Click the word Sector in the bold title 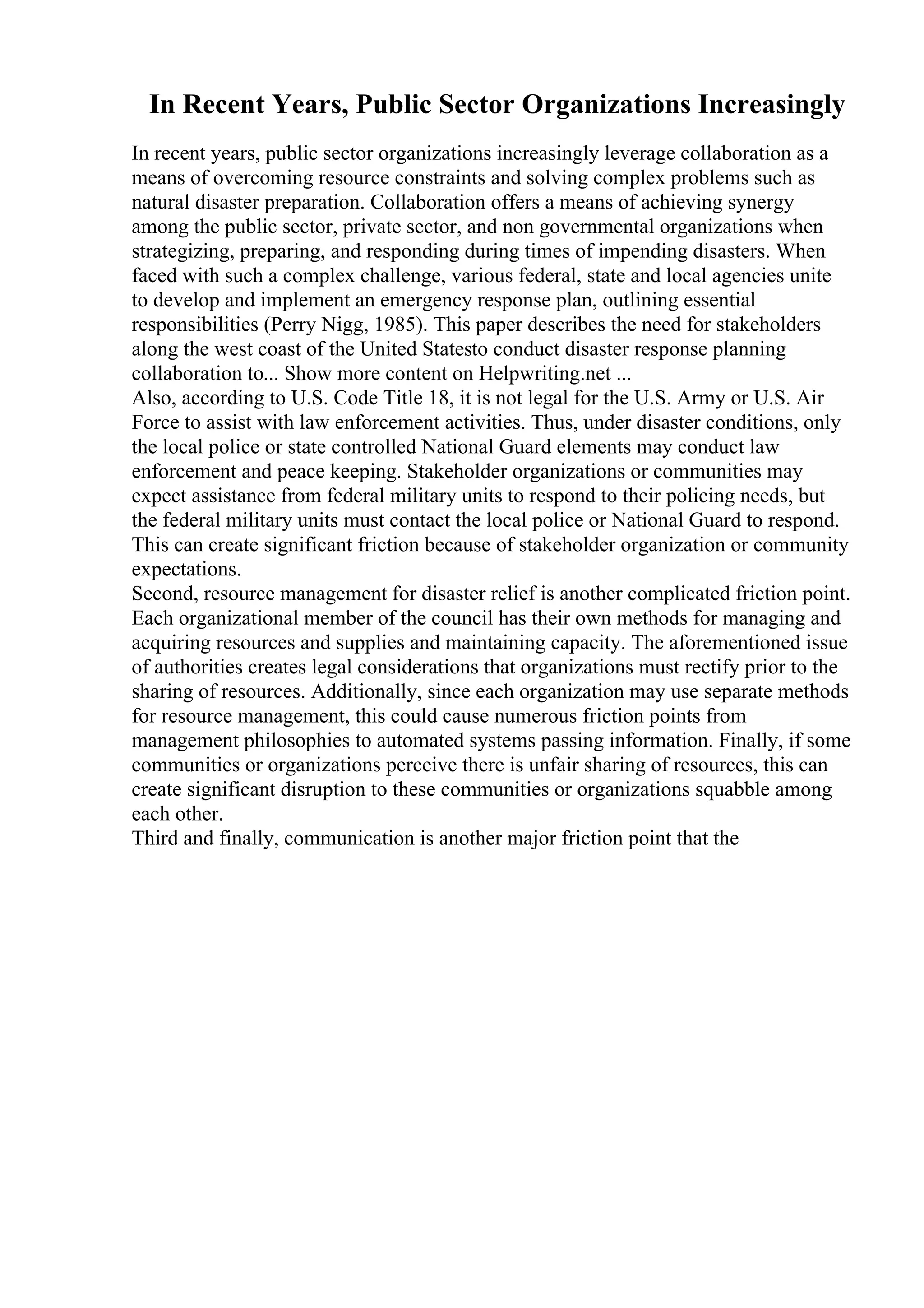[x=474, y=105]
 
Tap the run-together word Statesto [x=461, y=349]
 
